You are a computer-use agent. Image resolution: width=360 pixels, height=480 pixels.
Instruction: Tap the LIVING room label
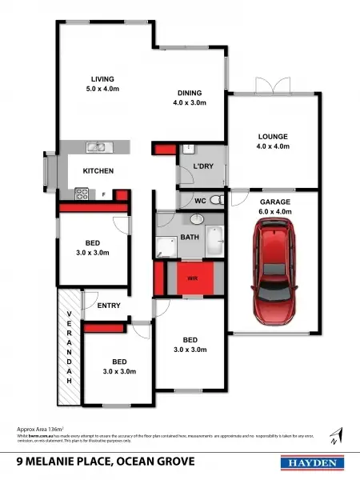[x=102, y=78]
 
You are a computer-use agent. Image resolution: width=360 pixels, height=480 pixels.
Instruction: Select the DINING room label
[x=190, y=92]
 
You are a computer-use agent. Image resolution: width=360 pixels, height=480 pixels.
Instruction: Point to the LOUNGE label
[x=272, y=136]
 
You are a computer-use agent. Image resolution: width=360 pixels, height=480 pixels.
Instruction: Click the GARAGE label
[x=275, y=202]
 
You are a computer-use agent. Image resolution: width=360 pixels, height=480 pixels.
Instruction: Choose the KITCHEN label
[x=98, y=171]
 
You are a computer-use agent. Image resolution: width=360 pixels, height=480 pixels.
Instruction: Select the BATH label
[x=190, y=237]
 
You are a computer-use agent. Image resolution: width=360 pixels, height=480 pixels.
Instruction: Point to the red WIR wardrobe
[x=192, y=279]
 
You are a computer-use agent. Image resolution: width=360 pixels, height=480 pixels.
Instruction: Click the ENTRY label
[x=109, y=306]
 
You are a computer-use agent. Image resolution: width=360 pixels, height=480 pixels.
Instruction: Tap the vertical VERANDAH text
[x=70, y=346]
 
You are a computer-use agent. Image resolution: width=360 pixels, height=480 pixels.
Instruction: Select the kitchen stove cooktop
[x=81, y=193]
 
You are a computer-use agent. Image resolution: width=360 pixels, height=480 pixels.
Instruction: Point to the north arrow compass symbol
[x=341, y=434]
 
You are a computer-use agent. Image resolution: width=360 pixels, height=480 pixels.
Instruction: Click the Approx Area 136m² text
[x=40, y=429]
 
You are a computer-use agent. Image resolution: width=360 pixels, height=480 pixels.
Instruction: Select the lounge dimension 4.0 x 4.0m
[x=272, y=146]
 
